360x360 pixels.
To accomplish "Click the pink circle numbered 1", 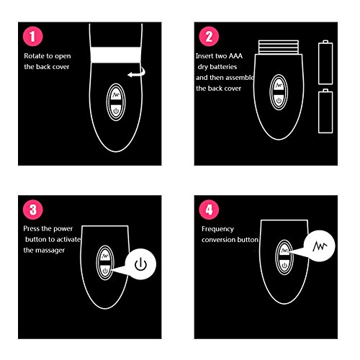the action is click(x=33, y=37).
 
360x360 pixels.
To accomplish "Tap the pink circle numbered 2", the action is click(x=209, y=37).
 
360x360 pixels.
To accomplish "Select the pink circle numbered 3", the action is click(x=33, y=210).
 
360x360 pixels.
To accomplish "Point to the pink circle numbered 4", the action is click(x=209, y=210).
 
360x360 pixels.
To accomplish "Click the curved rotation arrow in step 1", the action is click(x=138, y=74).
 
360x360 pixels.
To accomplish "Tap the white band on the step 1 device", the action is click(x=116, y=55).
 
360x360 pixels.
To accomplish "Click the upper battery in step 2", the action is click(x=325, y=63).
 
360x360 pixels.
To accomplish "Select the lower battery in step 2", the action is click(x=325, y=111).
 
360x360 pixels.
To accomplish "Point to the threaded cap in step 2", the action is click(x=279, y=47).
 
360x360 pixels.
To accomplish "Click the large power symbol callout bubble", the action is click(x=140, y=264).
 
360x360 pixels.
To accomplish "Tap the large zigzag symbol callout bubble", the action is click(x=320, y=246).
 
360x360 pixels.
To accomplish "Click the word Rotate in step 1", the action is click(x=35, y=56).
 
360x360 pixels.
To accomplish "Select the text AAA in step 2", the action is click(x=235, y=56).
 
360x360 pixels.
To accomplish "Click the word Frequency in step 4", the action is click(x=217, y=229).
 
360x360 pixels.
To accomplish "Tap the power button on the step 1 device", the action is click(x=116, y=111).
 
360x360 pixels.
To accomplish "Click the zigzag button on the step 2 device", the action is click(x=279, y=85).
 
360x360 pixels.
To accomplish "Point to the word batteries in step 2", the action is click(x=223, y=67).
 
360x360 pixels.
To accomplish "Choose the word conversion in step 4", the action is click(x=218, y=240).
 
